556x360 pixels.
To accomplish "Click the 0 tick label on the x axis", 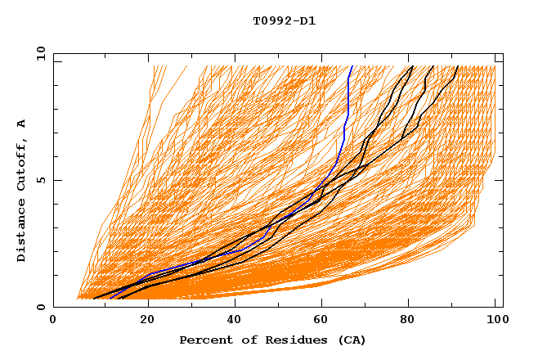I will [53, 321].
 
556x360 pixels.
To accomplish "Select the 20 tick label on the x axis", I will [148, 321].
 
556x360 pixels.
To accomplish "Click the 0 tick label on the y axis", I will [41, 308].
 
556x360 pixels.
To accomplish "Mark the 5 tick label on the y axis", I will [41, 180].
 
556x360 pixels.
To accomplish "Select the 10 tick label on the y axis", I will [38, 53].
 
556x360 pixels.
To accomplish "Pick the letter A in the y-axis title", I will [22, 124].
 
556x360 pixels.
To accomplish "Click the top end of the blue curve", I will [352, 66].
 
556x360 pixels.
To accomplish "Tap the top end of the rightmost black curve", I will [458, 66].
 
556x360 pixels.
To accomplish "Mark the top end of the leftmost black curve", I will [413, 66].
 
